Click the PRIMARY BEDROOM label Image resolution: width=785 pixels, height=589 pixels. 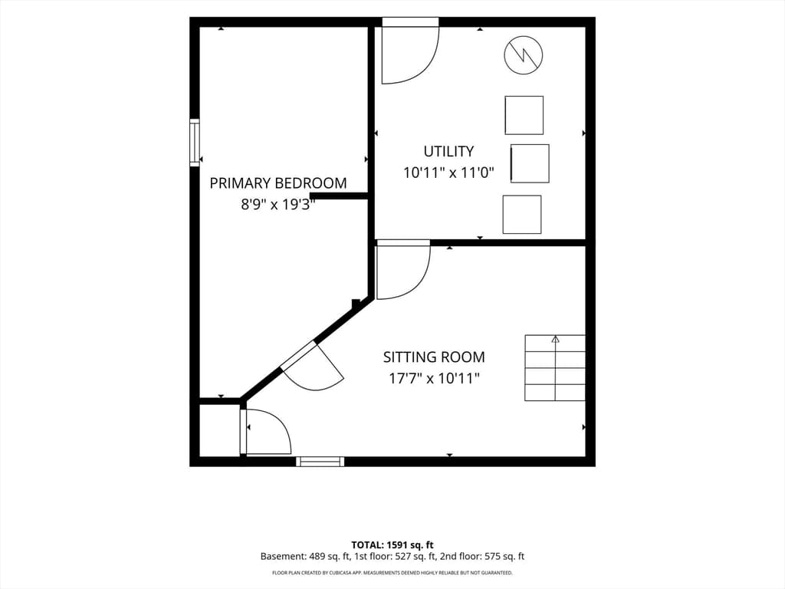click(x=278, y=183)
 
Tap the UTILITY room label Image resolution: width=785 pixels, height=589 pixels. click(x=448, y=151)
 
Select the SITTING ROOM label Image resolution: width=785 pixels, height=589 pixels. click(x=434, y=357)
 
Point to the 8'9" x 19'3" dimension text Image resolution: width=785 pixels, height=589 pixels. click(x=278, y=204)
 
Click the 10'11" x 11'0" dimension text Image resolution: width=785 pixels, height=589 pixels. click(x=448, y=173)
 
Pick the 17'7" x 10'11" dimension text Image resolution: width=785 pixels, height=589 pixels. click(x=434, y=378)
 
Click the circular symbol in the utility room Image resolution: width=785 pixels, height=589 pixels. click(x=524, y=55)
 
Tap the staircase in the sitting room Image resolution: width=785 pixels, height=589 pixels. click(x=555, y=368)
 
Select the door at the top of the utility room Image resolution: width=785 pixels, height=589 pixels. click(x=411, y=51)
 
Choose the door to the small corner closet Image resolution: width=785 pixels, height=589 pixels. click(x=266, y=432)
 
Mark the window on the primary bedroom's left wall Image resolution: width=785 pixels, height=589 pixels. click(x=194, y=142)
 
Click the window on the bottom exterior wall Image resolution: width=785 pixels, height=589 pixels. click(x=320, y=461)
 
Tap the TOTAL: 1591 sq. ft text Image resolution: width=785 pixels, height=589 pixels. click(x=392, y=545)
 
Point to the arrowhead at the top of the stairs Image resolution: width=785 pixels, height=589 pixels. click(x=555, y=339)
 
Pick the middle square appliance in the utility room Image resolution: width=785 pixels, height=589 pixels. click(x=530, y=163)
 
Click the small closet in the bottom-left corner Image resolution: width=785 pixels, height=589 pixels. click(x=219, y=430)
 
